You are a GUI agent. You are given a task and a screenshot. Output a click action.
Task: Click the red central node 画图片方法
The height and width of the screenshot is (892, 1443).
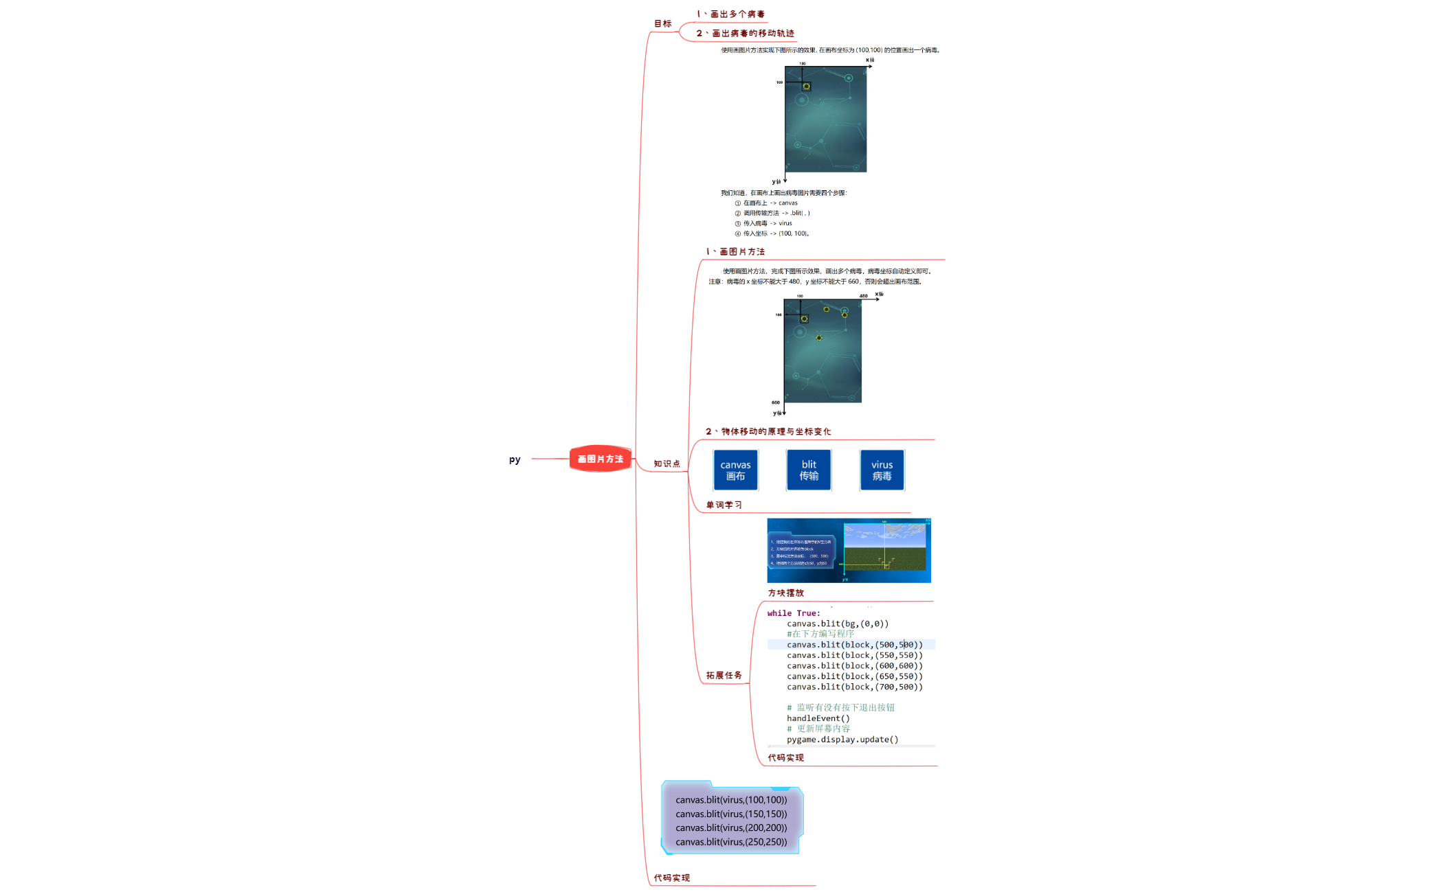[x=600, y=459]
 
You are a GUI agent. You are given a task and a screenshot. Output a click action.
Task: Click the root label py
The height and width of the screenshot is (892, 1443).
[x=515, y=459]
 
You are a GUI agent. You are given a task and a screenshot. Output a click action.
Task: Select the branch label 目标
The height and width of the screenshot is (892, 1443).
[x=662, y=24]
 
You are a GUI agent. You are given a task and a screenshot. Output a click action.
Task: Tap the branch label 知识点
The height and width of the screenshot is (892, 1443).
[x=667, y=464]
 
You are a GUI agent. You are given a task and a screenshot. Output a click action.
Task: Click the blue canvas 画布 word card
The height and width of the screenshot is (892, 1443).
[x=735, y=470]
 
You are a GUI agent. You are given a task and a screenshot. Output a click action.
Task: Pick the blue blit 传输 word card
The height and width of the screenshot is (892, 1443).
[x=809, y=470]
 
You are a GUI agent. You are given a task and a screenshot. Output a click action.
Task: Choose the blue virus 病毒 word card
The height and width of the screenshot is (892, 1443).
[x=882, y=470]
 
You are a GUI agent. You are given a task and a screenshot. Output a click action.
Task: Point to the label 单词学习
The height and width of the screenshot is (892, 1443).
[x=724, y=505]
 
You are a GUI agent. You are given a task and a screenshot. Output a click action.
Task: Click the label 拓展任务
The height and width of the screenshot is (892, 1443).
[x=724, y=676]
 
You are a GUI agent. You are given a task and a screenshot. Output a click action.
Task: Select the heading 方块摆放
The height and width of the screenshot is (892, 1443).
[x=785, y=593]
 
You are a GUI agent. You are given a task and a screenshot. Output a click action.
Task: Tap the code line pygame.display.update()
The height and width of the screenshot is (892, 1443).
[x=842, y=740]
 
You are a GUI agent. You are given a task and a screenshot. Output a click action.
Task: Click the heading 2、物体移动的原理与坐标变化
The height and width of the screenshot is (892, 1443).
[x=768, y=432]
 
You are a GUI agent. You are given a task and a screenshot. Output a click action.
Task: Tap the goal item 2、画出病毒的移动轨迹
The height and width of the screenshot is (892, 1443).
[x=745, y=34]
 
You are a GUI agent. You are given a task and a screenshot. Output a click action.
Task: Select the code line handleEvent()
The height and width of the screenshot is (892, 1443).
[x=818, y=718]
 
